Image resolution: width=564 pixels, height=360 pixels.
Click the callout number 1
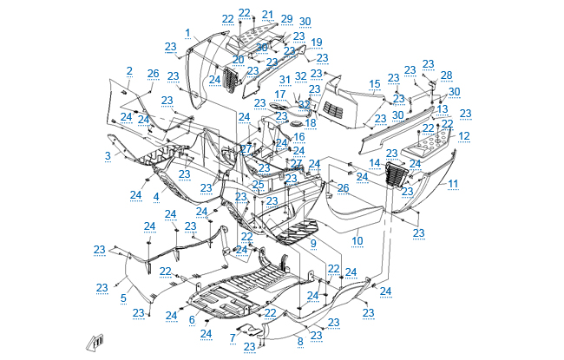(187, 33)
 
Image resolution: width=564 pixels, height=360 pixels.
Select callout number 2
(129, 71)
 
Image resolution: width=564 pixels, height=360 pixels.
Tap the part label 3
(108, 156)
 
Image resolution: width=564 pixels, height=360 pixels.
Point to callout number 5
(123, 298)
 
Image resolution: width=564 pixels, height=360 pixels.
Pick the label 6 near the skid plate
(192, 319)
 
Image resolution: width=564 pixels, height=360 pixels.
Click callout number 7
(233, 336)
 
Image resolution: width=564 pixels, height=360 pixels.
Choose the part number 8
(300, 341)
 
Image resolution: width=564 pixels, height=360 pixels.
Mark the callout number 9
(313, 244)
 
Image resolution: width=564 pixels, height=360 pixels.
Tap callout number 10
(357, 239)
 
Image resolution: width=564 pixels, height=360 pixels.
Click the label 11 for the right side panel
(453, 184)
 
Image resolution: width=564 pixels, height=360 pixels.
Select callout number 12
(464, 136)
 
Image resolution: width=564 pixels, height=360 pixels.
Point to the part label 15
(375, 83)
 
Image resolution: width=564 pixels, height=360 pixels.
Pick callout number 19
(316, 42)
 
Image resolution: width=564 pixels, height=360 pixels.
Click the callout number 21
(267, 15)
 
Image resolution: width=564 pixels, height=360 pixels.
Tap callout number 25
(259, 184)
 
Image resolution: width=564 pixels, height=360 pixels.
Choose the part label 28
(446, 75)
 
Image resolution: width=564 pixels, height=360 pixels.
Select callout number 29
(286, 19)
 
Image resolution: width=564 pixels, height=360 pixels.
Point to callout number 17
(280, 94)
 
